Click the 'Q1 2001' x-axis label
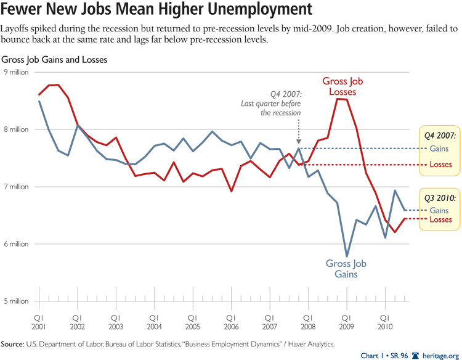[x=39, y=321]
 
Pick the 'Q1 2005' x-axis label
[x=193, y=321]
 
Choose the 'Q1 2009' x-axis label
[x=347, y=321]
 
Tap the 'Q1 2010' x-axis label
[x=385, y=321]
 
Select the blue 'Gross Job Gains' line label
[x=346, y=269]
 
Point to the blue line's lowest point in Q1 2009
[x=347, y=255]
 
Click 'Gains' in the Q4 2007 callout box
[x=440, y=149]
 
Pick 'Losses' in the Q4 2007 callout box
[x=440, y=165]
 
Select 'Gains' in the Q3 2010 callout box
[x=440, y=210]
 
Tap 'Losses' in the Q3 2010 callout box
[x=440, y=220]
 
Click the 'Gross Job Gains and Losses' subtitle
[x=54, y=60]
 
